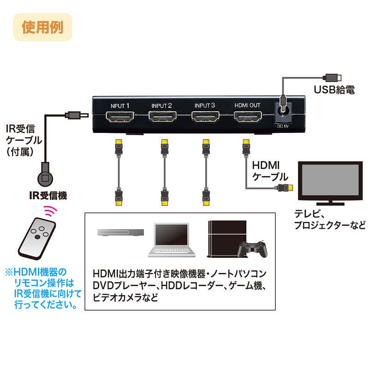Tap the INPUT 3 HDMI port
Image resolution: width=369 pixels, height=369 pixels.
(204, 118)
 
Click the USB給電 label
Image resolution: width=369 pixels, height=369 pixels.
(334, 90)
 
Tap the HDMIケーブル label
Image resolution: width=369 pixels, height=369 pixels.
(270, 171)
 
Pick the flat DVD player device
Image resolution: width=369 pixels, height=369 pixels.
(119, 233)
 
